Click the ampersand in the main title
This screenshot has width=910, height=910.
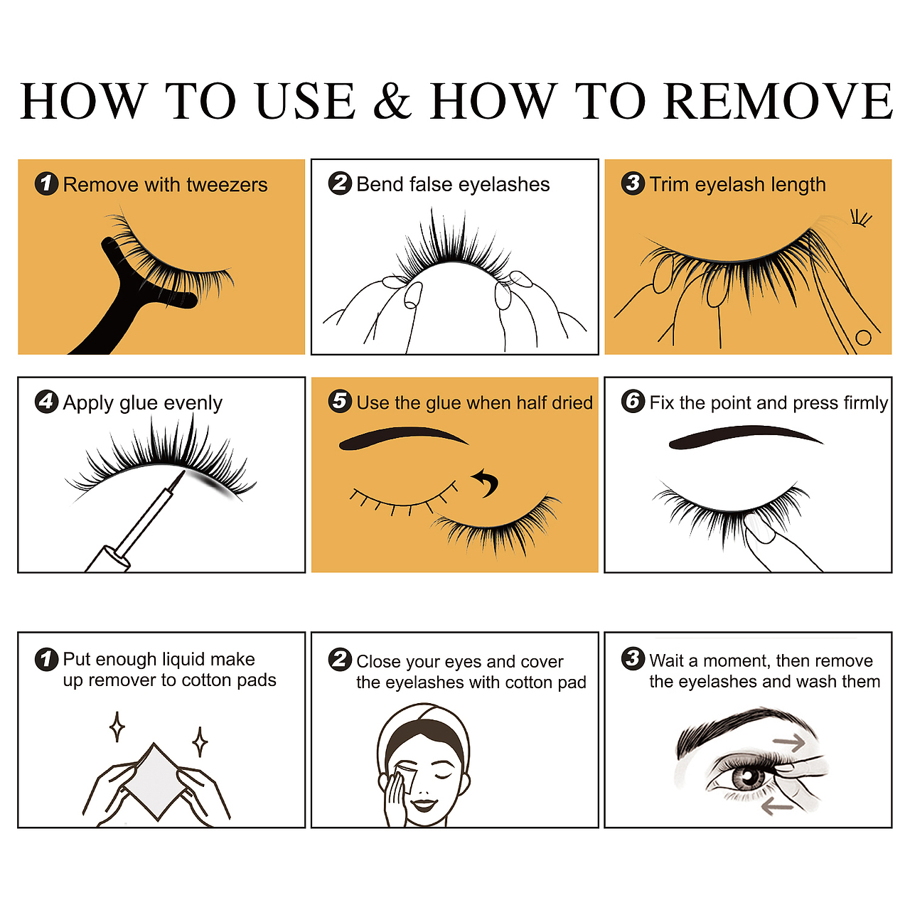click(392, 100)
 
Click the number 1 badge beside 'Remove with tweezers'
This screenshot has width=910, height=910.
click(46, 183)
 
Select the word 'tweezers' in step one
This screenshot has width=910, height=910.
click(227, 185)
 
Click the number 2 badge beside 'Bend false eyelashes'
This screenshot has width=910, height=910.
click(340, 183)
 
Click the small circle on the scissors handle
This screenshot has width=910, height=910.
click(863, 338)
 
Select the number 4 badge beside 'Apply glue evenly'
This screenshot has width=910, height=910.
click(46, 402)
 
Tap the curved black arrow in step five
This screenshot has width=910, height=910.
click(486, 483)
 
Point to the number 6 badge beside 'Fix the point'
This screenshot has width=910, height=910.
click(633, 402)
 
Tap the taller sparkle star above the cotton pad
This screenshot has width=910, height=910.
click(117, 727)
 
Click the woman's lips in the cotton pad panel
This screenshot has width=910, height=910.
click(424, 804)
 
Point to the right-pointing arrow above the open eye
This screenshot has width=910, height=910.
click(791, 742)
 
